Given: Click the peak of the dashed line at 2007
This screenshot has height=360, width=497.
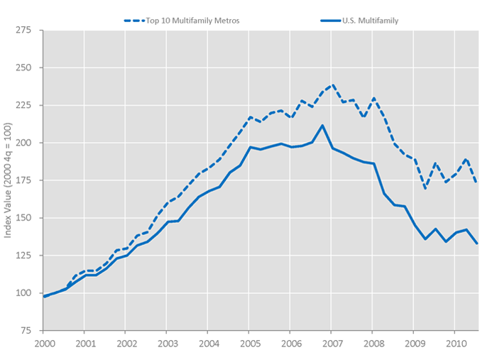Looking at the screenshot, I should [332, 85].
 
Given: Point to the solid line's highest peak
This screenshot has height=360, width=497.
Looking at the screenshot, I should [322, 126].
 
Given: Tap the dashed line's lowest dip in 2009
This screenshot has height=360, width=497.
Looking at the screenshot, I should [425, 188].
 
